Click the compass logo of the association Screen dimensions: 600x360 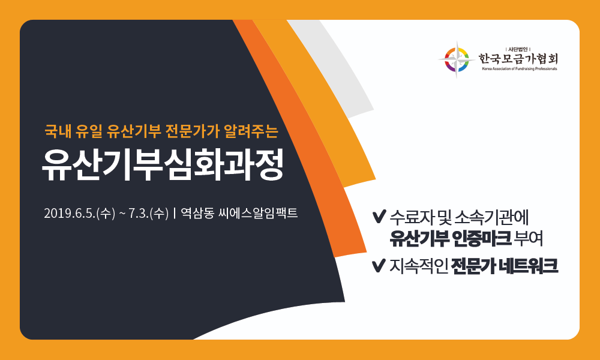coord(457,59)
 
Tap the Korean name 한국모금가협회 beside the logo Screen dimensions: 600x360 coord(518,59)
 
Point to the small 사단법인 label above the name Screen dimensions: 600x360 coord(518,49)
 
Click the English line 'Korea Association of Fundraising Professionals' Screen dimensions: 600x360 coord(519,69)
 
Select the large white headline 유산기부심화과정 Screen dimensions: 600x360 coord(163,165)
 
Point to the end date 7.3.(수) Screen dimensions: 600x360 coord(148,213)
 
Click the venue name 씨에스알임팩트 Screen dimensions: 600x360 coord(258,213)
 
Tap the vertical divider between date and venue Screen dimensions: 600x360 coord(175,213)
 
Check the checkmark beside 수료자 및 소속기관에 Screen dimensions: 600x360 coord(378,217)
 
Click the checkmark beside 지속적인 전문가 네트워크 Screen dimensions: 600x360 coord(378,266)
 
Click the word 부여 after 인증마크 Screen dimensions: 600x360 coord(529,239)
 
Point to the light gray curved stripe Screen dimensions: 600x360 coord(334,65)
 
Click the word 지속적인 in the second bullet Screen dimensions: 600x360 coord(419,266)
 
